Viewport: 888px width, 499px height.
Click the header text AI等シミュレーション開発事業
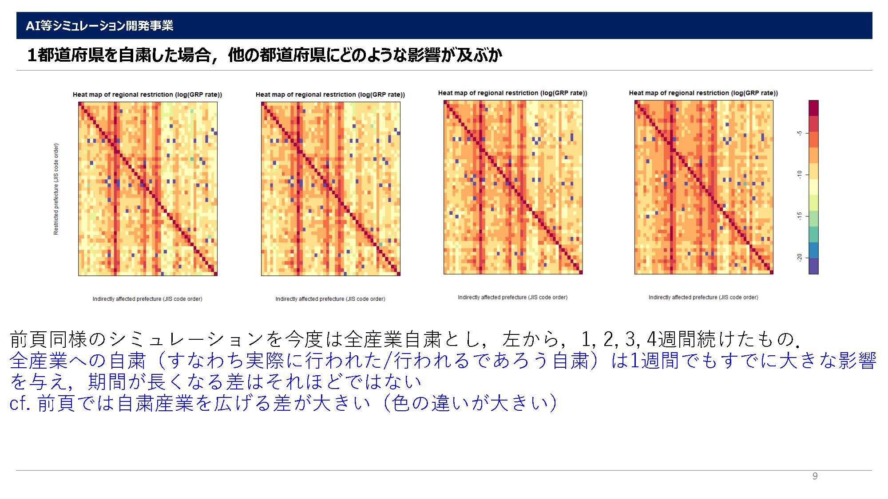click(99, 26)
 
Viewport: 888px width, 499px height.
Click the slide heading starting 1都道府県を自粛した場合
click(265, 55)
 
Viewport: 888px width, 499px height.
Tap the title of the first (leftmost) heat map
click(147, 94)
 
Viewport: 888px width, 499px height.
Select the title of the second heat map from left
click(330, 94)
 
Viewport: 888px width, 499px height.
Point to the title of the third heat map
click(513, 93)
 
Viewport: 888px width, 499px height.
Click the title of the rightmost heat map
click(703, 93)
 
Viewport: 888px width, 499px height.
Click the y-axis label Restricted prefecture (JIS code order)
click(56, 189)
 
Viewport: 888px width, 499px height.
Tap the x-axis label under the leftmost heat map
click(147, 299)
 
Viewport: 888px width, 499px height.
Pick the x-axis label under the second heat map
click(330, 299)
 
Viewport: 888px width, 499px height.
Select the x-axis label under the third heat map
click(513, 297)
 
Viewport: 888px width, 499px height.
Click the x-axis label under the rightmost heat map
click(703, 297)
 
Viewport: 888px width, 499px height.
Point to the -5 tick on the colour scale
click(800, 133)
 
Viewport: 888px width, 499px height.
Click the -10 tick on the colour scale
click(800, 174)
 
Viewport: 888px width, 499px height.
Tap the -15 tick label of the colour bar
click(800, 216)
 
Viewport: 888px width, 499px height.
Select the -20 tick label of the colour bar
click(800, 257)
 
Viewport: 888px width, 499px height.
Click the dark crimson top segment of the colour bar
click(813, 108)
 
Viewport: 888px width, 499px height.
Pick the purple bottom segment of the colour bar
click(813, 266)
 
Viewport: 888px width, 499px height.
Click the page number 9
click(815, 476)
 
